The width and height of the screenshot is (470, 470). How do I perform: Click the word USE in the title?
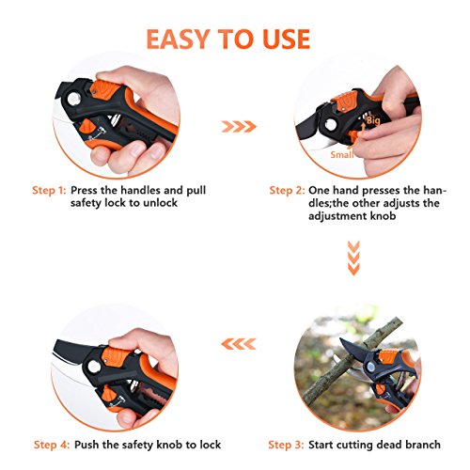287,39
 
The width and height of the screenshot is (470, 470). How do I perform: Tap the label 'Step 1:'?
49,190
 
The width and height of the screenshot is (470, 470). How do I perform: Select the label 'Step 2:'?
287,190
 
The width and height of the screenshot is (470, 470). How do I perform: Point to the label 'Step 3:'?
286,445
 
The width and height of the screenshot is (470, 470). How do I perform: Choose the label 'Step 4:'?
52,445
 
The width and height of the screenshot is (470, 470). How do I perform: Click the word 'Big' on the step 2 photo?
373,120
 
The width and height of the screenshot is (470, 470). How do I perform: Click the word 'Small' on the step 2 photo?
342,154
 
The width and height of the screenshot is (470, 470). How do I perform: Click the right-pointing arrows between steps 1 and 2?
239,127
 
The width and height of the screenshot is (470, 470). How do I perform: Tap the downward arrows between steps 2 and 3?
353,258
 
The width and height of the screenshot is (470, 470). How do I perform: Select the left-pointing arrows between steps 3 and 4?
239,344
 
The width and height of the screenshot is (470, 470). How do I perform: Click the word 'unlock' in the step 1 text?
161,203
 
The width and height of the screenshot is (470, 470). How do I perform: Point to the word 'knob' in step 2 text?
384,216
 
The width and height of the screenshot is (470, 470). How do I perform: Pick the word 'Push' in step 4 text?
86,445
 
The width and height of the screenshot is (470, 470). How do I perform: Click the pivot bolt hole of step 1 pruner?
74,99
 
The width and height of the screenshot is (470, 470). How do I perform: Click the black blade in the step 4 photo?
71,350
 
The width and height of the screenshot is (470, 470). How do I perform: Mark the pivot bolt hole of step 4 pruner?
94,367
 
